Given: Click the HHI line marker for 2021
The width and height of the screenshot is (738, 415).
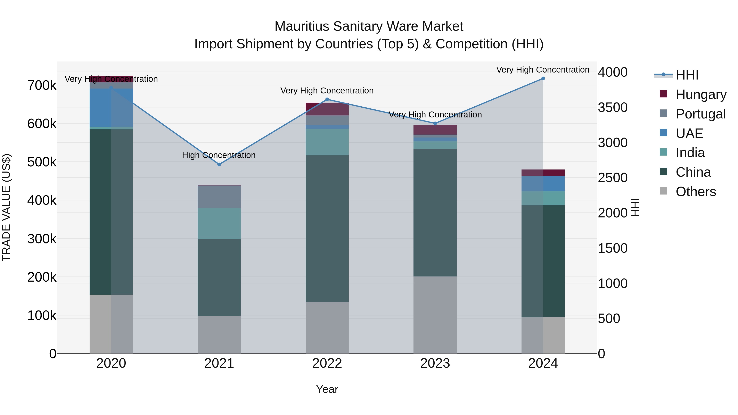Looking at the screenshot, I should [219, 164].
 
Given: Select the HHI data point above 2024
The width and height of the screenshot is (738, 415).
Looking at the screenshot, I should [543, 78].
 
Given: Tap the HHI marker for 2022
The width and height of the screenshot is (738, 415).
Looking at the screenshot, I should [327, 99].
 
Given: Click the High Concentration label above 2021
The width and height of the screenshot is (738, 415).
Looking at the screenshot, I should [219, 155].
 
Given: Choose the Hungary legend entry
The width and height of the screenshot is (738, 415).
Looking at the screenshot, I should [701, 94].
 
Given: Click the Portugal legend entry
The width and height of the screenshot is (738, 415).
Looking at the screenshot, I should [700, 114].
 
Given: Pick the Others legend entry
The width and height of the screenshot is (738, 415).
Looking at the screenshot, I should [695, 192].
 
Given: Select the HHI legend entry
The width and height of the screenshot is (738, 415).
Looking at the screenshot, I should [687, 75].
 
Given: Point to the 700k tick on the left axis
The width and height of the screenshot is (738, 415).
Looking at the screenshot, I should [42, 85].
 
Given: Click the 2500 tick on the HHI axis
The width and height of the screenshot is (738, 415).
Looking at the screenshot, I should [613, 178].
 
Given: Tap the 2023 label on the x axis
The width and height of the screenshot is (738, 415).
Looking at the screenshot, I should [435, 363].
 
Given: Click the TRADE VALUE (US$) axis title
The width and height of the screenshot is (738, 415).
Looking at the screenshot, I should [6, 207].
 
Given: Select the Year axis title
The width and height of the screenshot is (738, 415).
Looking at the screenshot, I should [327, 389].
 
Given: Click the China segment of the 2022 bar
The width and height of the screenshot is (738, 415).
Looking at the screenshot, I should [327, 229].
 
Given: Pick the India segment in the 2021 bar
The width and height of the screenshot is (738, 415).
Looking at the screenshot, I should [219, 223].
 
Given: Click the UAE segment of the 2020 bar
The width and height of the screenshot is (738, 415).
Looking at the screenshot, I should [111, 107].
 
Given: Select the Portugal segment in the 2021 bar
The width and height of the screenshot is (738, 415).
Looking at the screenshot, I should [219, 197].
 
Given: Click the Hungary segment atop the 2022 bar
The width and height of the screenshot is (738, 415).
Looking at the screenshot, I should [327, 109].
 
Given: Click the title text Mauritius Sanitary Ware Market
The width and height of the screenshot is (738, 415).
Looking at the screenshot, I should [369, 26].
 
